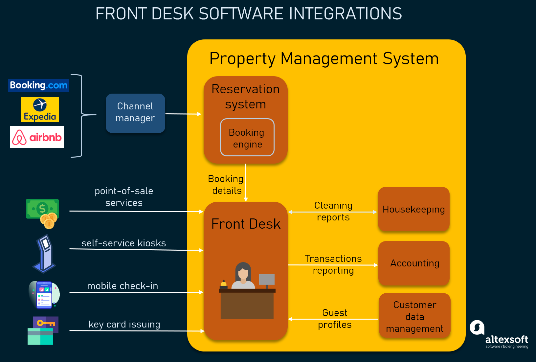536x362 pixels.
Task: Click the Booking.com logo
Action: tap(38, 85)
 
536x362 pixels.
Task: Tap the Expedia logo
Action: tap(40, 110)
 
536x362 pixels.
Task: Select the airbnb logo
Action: tap(37, 137)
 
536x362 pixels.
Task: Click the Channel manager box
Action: tap(135, 113)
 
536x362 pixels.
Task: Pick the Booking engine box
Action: tap(247, 138)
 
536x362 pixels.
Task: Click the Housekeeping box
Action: tap(413, 209)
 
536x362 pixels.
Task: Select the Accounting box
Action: tap(414, 263)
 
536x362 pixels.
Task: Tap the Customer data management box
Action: tap(414, 316)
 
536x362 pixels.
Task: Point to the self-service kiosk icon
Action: tap(44, 254)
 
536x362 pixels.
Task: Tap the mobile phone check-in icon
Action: tap(44, 295)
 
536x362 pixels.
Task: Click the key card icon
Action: tap(43, 330)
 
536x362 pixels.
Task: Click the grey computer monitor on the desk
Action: tap(267, 280)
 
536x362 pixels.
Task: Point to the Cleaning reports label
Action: tap(333, 211)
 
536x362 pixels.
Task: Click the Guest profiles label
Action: tap(334, 319)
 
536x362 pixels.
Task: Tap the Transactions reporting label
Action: tap(333, 264)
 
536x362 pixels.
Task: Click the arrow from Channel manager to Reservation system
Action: tap(183, 114)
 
